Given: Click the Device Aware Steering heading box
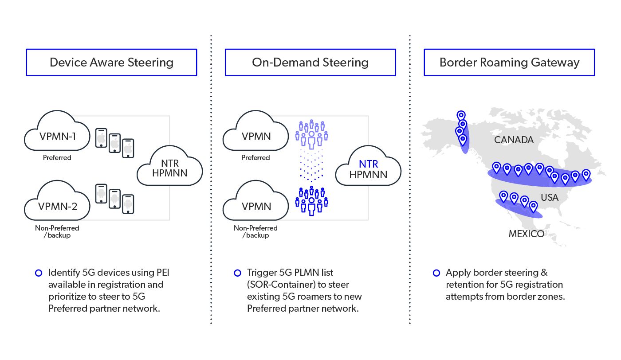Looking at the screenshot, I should tap(111, 63).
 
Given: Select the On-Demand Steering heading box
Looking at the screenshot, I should tap(310, 63).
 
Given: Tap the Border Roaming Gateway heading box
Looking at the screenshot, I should tap(509, 63).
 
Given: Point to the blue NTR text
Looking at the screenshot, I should tap(368, 164).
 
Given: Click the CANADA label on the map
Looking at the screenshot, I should tap(514, 140).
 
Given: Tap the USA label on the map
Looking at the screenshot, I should tap(550, 198).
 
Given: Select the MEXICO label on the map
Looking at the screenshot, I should tap(526, 234).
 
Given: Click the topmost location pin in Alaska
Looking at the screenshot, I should tap(461, 116).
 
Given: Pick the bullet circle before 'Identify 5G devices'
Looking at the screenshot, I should tap(39, 273).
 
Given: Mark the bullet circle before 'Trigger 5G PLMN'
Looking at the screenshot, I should tap(237, 273).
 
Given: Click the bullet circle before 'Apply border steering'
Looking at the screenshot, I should tap(436, 273).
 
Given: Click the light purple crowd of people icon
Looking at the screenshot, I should tap(311, 133).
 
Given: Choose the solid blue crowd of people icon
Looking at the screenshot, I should tap(311, 201).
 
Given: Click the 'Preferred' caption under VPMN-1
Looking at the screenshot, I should tap(57, 157).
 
